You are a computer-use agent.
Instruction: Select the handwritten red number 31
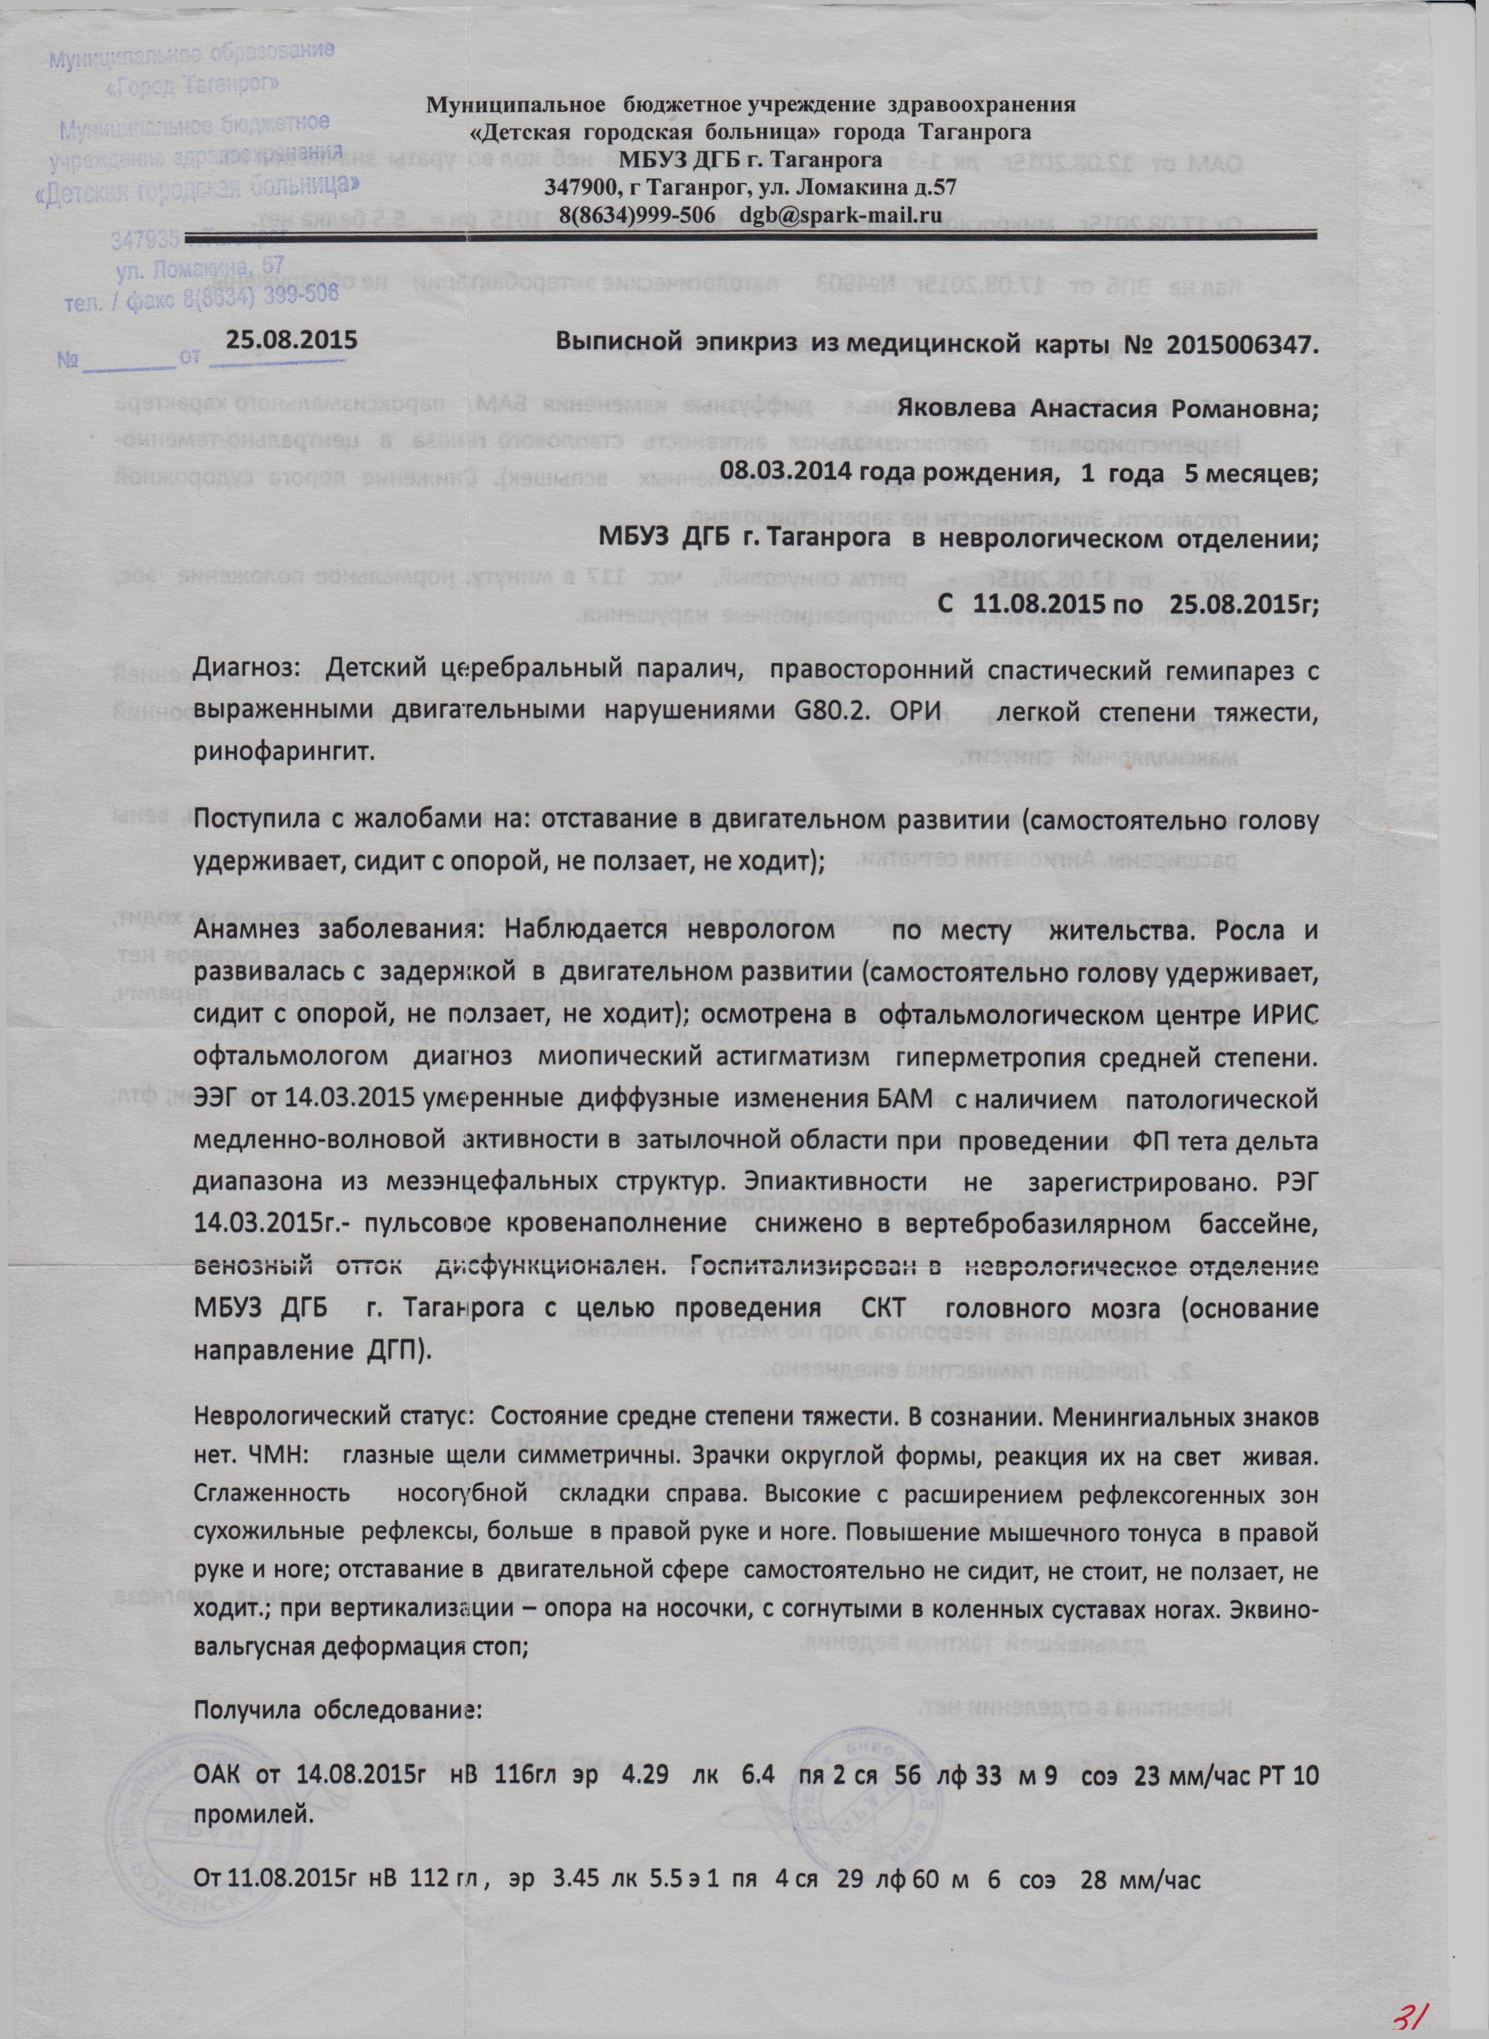[1410, 2007]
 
